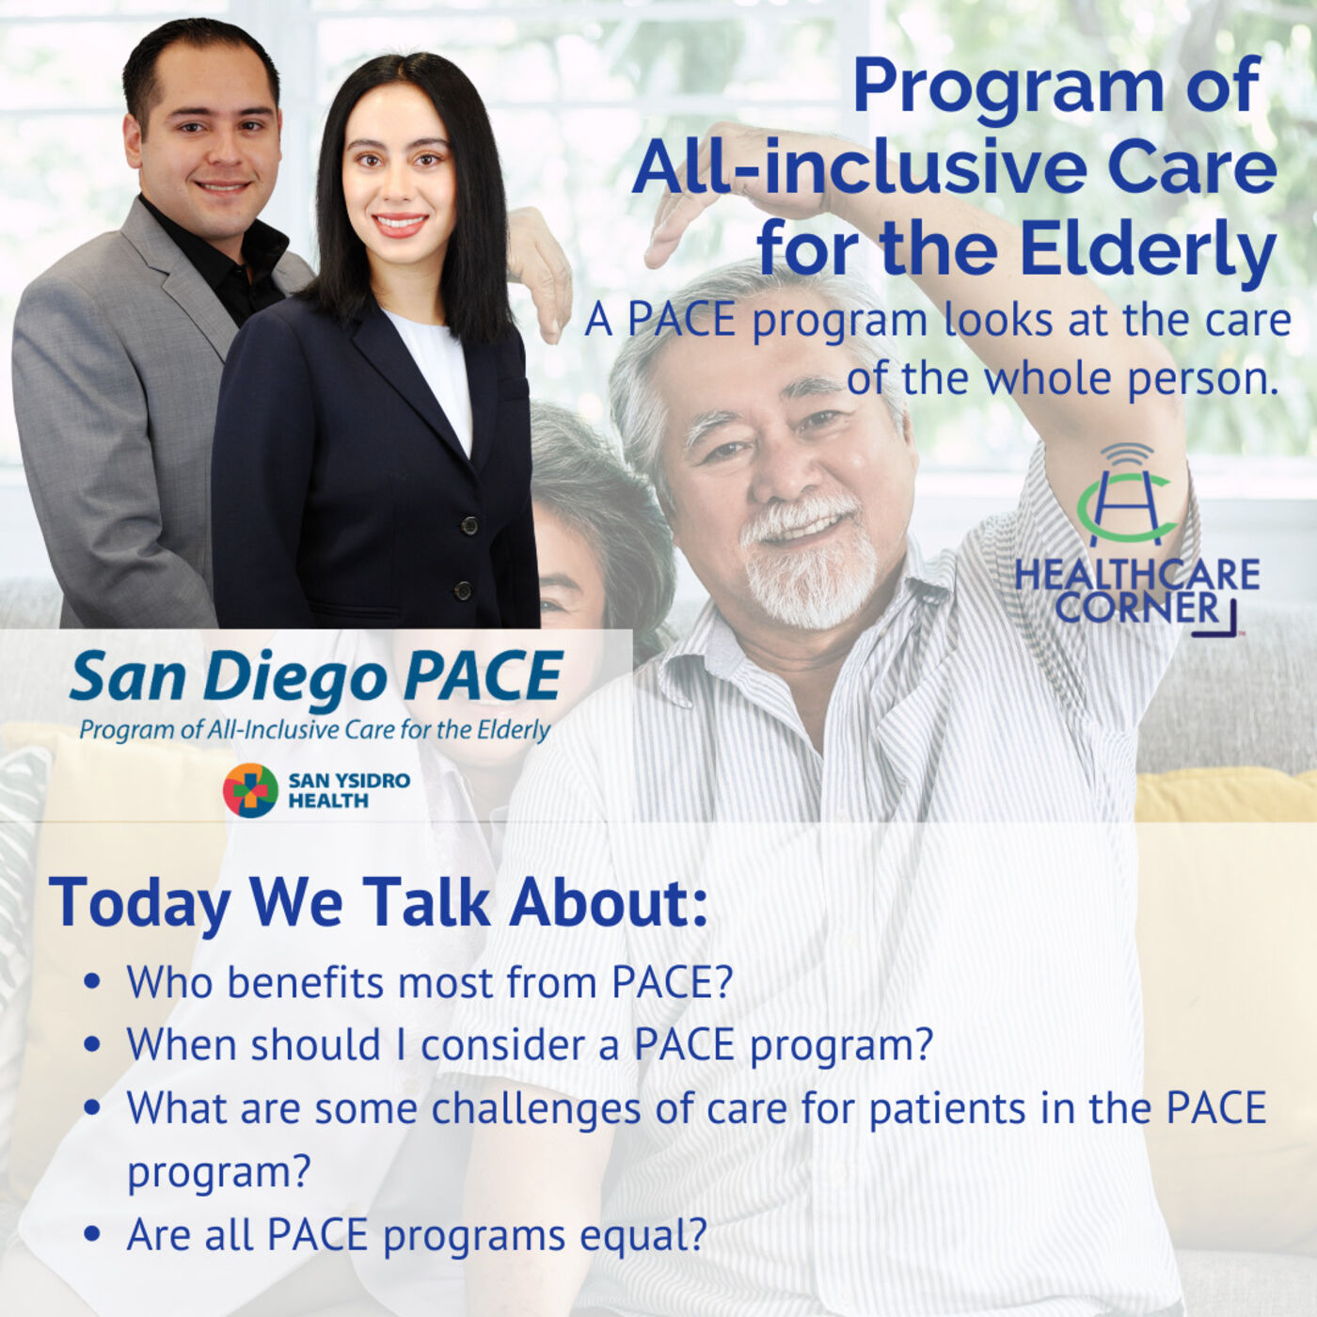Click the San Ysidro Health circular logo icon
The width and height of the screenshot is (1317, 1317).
pyautogui.click(x=250, y=791)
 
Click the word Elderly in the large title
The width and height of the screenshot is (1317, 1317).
pyautogui.click(x=1148, y=247)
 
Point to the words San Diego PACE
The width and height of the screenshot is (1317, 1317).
pyautogui.click(x=316, y=676)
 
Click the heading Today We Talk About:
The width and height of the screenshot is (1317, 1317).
pyautogui.click(x=378, y=902)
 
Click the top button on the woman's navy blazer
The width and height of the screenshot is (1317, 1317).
pyautogui.click(x=468, y=526)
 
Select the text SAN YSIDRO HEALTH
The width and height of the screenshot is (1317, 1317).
pyautogui.click(x=349, y=791)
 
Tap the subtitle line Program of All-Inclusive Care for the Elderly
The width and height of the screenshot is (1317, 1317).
pyautogui.click(x=315, y=731)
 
